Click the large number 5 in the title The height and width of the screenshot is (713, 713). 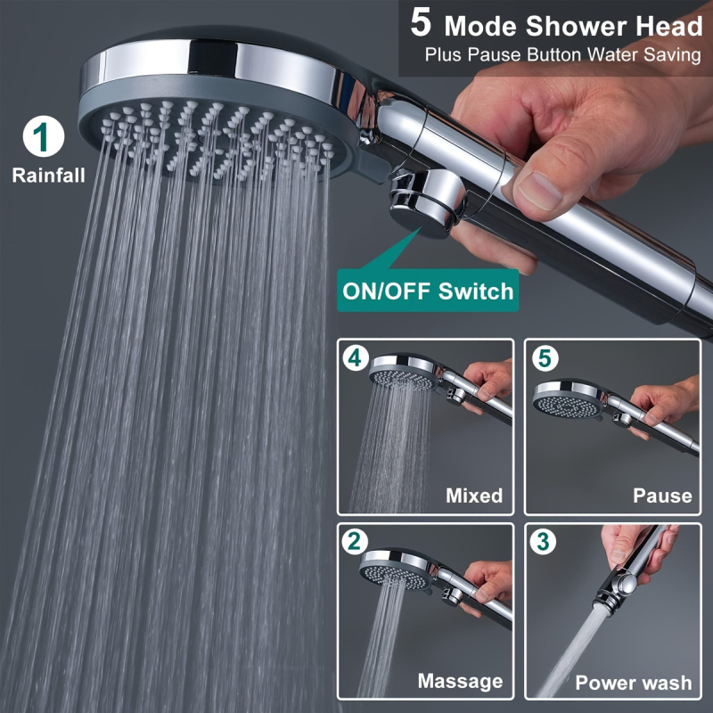point(421,23)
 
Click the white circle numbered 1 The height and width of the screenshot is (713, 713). point(44,136)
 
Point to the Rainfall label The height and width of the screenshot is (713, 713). point(49,176)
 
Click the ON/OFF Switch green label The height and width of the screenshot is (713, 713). point(428,291)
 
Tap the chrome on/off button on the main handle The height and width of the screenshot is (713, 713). point(428,203)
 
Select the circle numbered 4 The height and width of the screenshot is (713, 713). point(355,358)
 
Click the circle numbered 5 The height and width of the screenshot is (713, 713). point(545,358)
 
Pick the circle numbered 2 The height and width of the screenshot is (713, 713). point(355,542)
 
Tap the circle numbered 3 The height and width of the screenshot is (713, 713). point(543,542)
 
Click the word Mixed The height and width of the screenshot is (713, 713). point(474,496)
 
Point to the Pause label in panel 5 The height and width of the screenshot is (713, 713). point(662,496)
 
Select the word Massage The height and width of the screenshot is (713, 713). point(460,681)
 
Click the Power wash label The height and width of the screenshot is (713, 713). point(634,683)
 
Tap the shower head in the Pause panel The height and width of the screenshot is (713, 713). point(570,399)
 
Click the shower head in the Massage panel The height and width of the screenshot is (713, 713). point(397,569)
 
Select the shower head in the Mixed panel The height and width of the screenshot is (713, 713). point(405,372)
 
